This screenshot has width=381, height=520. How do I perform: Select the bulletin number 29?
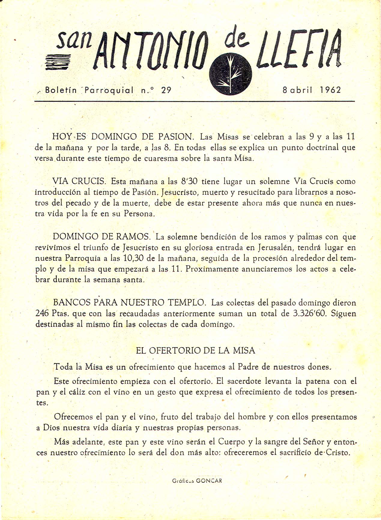click(166, 90)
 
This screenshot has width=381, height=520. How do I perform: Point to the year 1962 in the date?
click(330, 90)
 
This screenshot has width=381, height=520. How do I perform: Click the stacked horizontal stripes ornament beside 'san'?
click(58, 62)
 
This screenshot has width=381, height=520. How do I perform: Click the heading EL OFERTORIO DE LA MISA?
click(195, 350)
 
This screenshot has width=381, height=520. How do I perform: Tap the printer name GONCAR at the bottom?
click(209, 481)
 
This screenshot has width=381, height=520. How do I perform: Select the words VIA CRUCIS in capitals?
click(79, 181)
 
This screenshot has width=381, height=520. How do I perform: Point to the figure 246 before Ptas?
click(42, 314)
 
